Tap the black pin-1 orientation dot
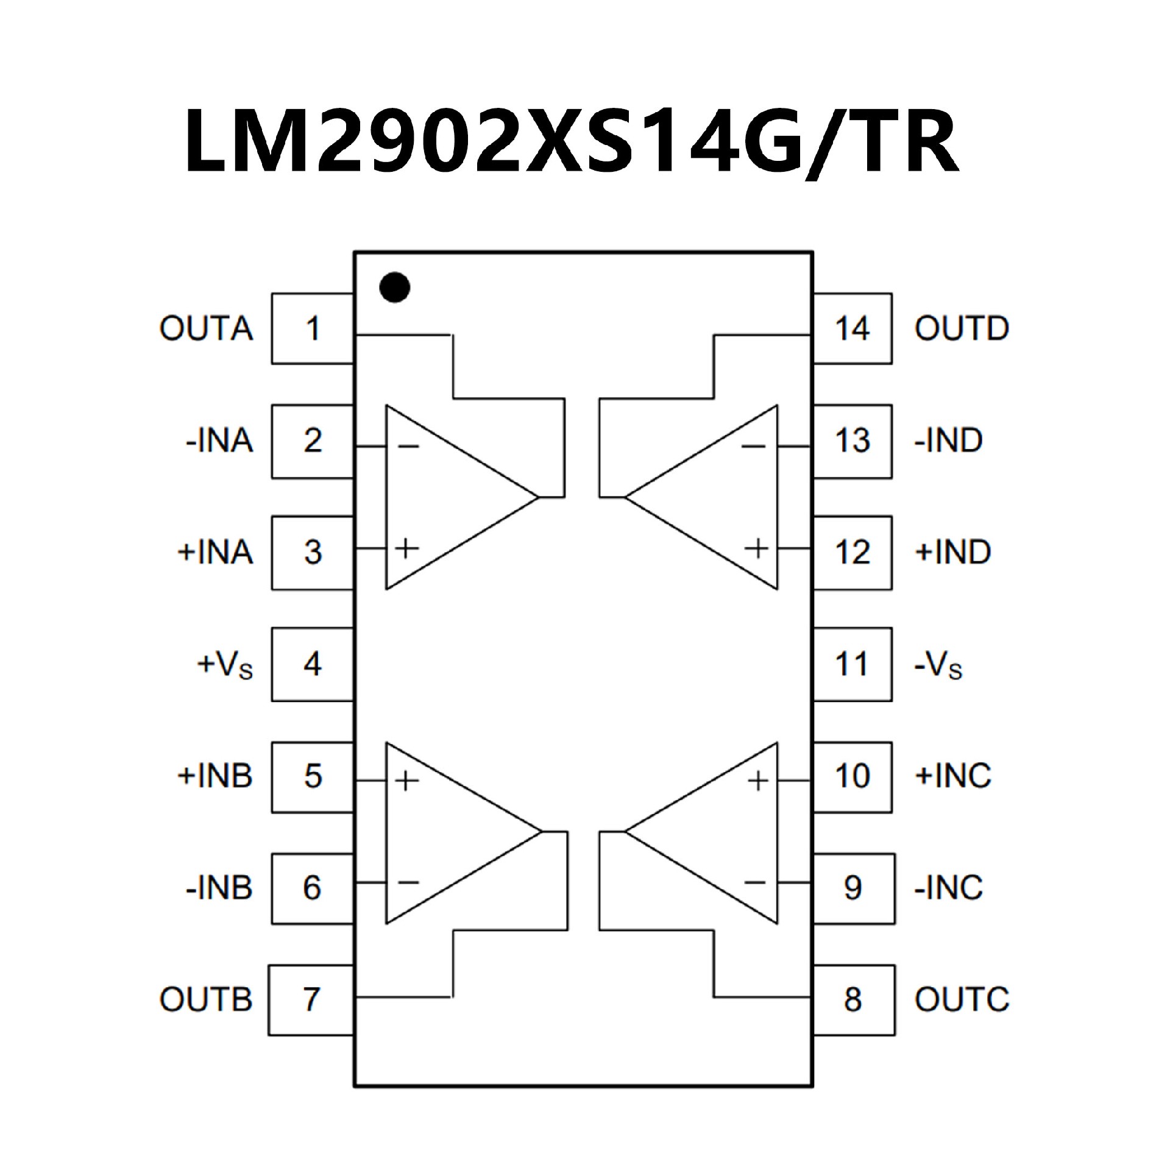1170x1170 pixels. pos(394,287)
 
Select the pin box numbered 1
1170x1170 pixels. pos(313,328)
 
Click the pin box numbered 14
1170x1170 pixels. pos(852,328)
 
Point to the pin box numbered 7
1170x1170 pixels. pos(311,999)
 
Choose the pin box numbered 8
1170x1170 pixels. pos(853,999)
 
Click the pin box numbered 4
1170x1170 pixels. pos(313,664)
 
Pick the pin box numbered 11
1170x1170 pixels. pos(852,664)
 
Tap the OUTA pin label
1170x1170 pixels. pos(206,328)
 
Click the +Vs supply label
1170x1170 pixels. pos(224,665)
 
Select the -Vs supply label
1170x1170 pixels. pos(938,665)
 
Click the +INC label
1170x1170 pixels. pos(953,776)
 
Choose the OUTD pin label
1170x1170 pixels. pos(962,328)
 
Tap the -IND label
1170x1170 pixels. pos(949,441)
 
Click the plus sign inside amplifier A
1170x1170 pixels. pos(406,549)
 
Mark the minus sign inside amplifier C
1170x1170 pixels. pos(755,882)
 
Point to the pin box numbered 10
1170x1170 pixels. pos(852,776)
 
